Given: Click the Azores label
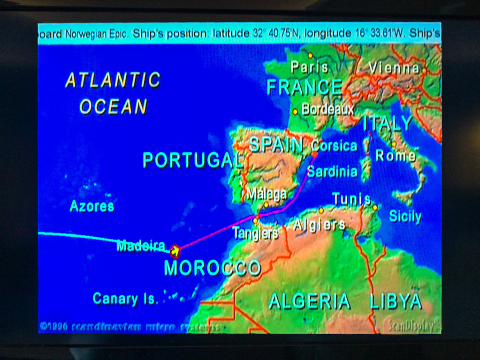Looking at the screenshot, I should [x=92, y=206].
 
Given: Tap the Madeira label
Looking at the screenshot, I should [x=141, y=246].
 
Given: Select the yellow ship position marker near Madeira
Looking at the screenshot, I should [x=175, y=251].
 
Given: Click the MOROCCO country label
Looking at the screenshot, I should [x=213, y=268].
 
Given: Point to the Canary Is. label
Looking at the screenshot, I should [x=125, y=299].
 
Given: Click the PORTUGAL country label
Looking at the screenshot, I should [x=193, y=160].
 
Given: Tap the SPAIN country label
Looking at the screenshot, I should [x=275, y=145].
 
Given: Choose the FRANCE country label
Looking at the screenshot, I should [x=305, y=87].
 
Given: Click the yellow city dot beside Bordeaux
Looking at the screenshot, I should [x=295, y=112].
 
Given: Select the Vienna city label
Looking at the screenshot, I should [x=394, y=68].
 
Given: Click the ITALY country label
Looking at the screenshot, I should [x=388, y=124].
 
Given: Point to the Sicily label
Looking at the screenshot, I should [x=405, y=216].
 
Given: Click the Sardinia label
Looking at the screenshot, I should [x=332, y=172].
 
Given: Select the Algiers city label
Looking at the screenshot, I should [x=319, y=225].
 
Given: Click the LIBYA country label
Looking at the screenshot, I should [x=396, y=301].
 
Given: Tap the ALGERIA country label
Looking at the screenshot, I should [x=309, y=301].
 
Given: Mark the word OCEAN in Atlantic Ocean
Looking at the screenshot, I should [x=114, y=107].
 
